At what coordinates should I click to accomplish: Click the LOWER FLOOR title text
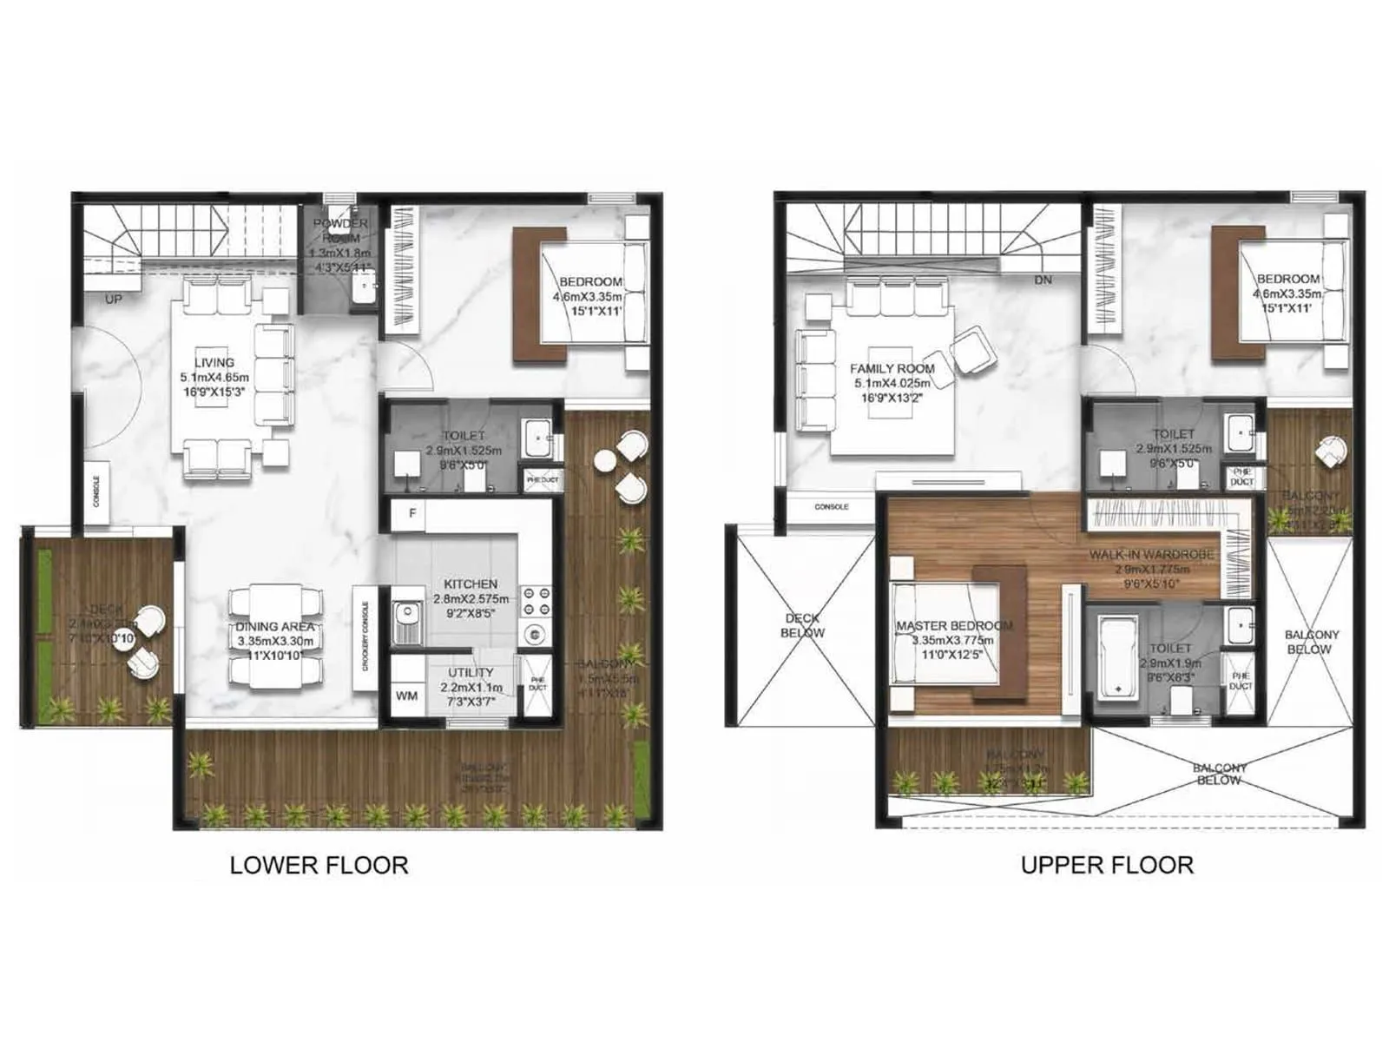(x=319, y=865)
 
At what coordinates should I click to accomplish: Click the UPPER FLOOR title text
(x=1107, y=865)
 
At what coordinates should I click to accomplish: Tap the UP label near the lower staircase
(x=114, y=299)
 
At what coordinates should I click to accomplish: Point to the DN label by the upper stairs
(x=1043, y=280)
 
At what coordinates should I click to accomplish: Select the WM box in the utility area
(x=406, y=696)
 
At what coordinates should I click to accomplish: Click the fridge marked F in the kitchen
(x=411, y=513)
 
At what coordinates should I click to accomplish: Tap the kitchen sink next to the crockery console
(x=405, y=623)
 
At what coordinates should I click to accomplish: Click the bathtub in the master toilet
(x=1118, y=656)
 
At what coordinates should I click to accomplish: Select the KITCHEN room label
(x=471, y=584)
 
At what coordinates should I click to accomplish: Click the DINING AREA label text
(x=274, y=626)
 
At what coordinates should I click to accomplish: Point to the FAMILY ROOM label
(x=892, y=368)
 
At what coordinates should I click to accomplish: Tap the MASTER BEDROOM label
(x=954, y=625)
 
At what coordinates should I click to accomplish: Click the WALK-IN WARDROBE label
(x=1151, y=554)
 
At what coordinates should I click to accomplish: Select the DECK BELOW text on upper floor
(x=802, y=625)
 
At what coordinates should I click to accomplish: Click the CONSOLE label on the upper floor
(x=832, y=506)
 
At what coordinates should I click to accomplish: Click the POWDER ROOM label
(x=340, y=230)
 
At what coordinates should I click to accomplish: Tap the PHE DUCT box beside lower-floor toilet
(x=543, y=479)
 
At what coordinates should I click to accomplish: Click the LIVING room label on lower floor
(x=214, y=362)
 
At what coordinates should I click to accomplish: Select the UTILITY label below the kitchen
(x=471, y=672)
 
